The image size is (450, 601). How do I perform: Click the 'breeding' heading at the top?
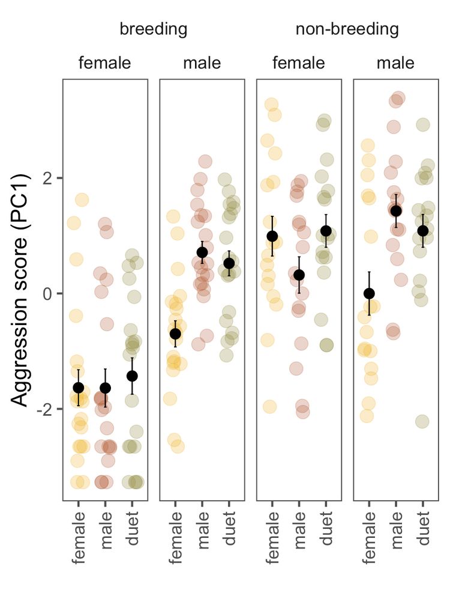(x=154, y=29)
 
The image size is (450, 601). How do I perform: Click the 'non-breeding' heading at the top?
(x=347, y=29)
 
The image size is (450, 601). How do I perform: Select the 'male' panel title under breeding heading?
(x=202, y=63)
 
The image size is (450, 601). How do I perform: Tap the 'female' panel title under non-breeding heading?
(x=299, y=63)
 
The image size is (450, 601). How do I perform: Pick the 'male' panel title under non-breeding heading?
(x=395, y=63)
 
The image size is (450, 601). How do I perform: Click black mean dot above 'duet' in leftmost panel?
(x=133, y=376)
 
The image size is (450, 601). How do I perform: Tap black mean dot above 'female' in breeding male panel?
(x=175, y=334)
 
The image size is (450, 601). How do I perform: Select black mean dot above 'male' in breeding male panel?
(x=202, y=252)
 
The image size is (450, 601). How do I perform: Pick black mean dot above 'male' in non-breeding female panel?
(x=299, y=275)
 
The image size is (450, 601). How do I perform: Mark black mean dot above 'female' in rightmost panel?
(x=369, y=293)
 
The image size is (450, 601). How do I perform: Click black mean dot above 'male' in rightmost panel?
(x=396, y=211)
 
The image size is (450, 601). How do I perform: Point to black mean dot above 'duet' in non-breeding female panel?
(x=326, y=231)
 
